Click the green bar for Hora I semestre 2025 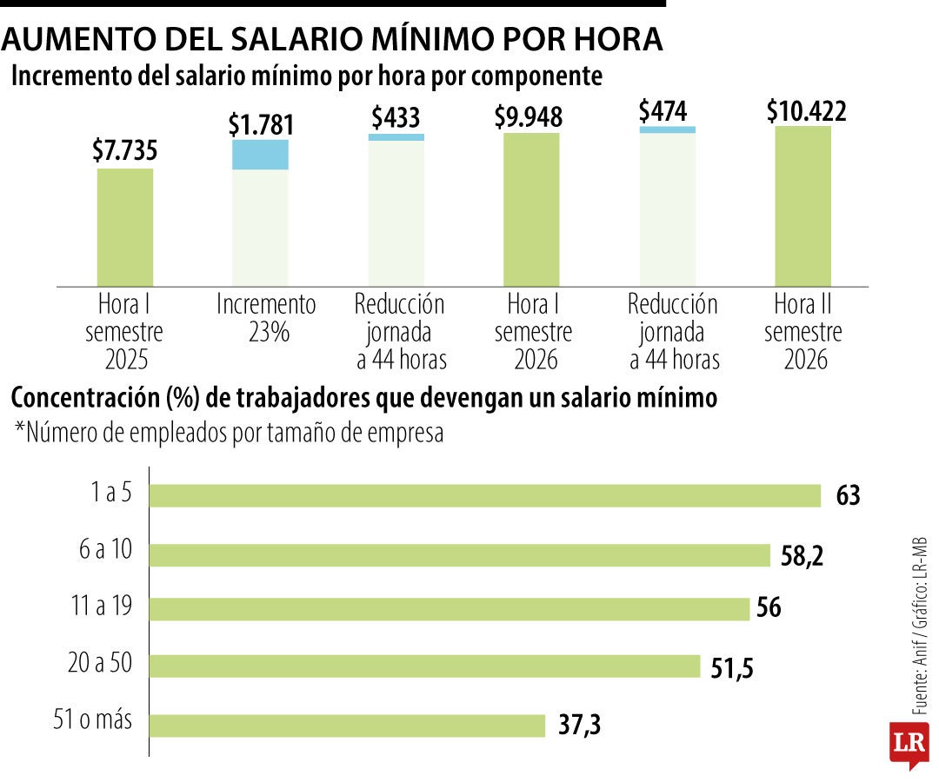click(x=125, y=226)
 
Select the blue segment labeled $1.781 click(x=260, y=154)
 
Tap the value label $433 click(x=396, y=116)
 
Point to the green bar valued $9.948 click(x=531, y=209)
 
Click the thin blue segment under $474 click(x=667, y=129)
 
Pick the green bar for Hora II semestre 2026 click(x=802, y=205)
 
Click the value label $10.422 click(x=806, y=111)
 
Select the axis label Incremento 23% click(x=266, y=318)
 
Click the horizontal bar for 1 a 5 click(x=485, y=495)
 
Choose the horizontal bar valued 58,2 click(x=460, y=554)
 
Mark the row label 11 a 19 click(x=102, y=606)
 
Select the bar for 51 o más click(x=347, y=725)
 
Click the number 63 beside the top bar click(x=848, y=496)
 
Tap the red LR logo click(x=909, y=744)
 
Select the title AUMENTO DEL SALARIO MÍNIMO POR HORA click(x=335, y=40)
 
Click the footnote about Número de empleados click(x=229, y=433)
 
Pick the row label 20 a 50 click(x=100, y=664)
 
